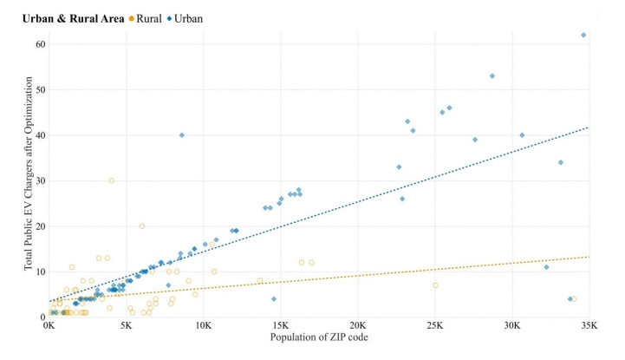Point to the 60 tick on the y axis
pyautogui.click(x=39, y=43)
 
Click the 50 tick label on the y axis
pyautogui.click(x=39, y=89)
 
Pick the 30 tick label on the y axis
pyautogui.click(x=39, y=180)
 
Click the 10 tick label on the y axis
pyautogui.click(x=39, y=272)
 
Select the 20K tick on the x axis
pyautogui.click(x=358, y=328)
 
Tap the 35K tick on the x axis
pyautogui.click(x=589, y=328)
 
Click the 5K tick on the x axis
pyautogui.click(x=126, y=328)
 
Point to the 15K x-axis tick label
pyautogui.click(x=281, y=328)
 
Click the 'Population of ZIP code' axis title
pyautogui.click(x=319, y=338)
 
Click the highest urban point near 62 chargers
pyautogui.click(x=583, y=35)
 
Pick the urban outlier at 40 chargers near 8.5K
pyautogui.click(x=181, y=135)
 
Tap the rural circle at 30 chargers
pyautogui.click(x=112, y=180)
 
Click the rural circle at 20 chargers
pyautogui.click(x=142, y=226)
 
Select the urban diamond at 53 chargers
pyautogui.click(x=492, y=75)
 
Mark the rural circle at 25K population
pyautogui.click(x=435, y=285)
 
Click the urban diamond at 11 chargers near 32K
pyautogui.click(x=546, y=267)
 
